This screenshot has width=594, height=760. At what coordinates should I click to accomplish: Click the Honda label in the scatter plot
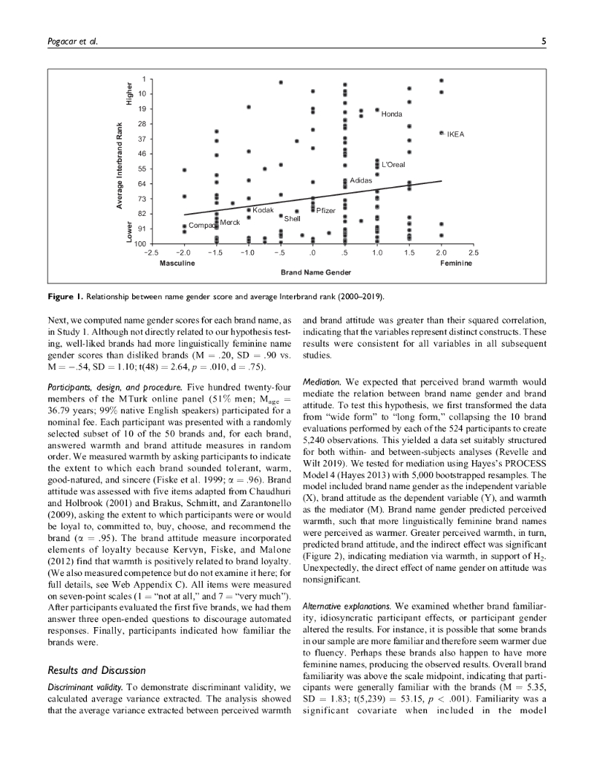391,114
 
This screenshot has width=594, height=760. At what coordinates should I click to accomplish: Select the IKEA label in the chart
455,134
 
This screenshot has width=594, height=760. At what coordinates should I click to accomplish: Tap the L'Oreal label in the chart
393,165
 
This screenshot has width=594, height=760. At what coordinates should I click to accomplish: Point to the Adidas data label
361,180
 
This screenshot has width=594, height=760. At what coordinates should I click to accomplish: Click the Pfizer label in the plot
327,212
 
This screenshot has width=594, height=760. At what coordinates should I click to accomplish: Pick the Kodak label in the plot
264,211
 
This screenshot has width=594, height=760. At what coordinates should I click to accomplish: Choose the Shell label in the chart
293,219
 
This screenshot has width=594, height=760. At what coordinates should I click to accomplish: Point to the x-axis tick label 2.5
474,253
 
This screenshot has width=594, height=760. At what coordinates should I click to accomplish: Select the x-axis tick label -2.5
151,253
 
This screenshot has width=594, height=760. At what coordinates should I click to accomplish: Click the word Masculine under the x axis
177,263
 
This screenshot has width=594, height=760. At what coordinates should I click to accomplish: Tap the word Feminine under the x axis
456,263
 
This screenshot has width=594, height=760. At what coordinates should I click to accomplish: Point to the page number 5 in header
544,42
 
